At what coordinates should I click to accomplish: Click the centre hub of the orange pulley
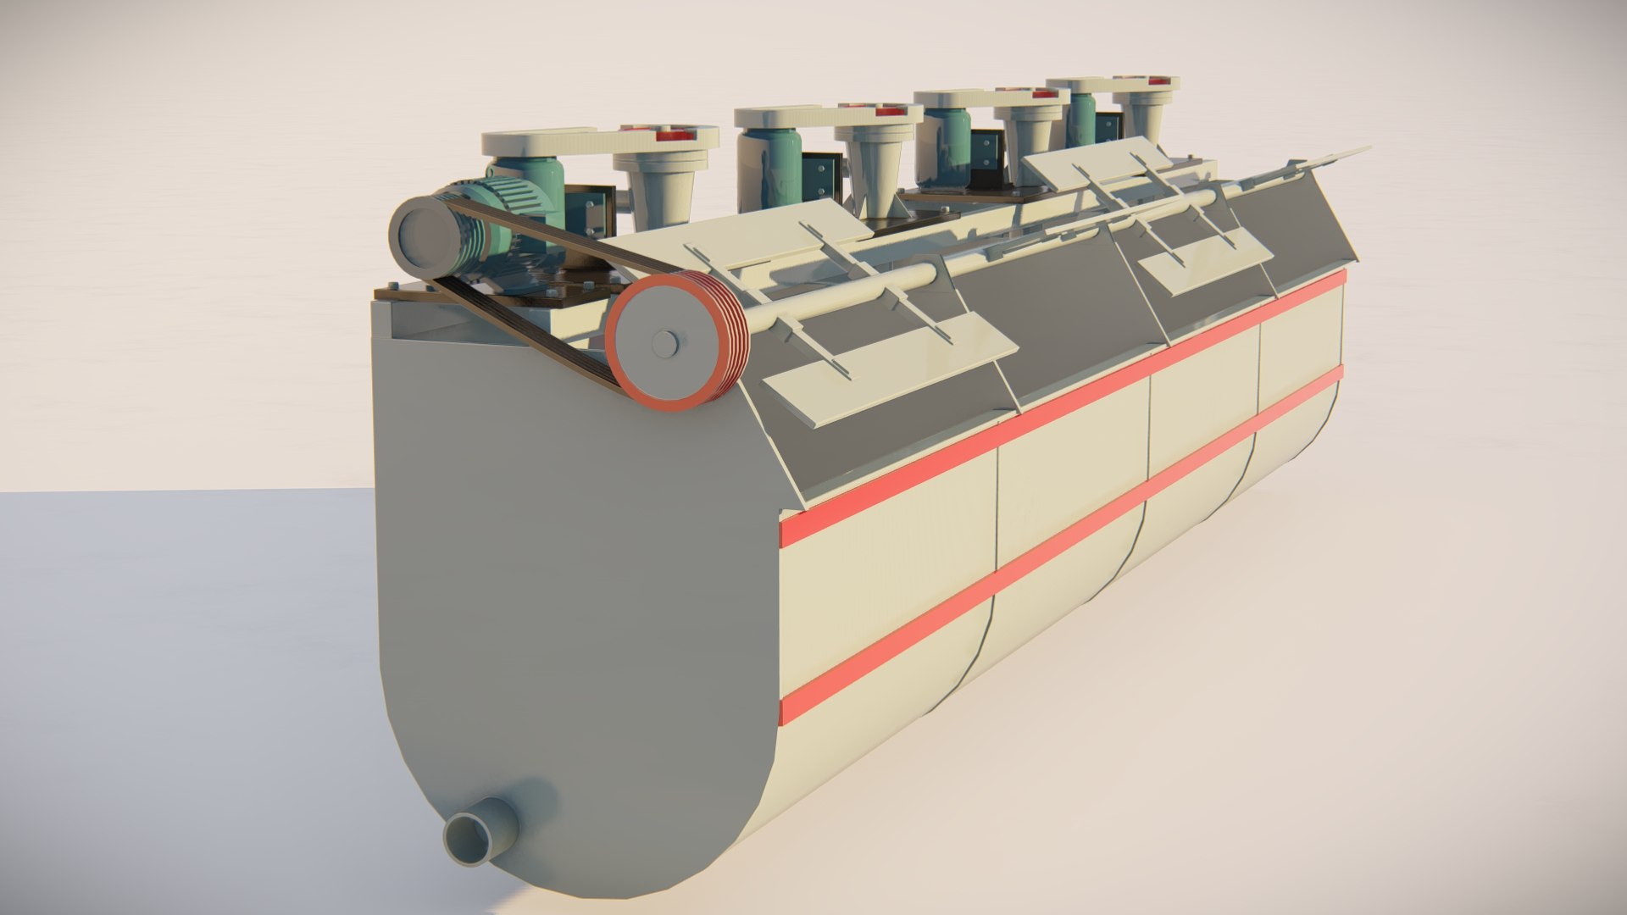(x=665, y=343)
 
